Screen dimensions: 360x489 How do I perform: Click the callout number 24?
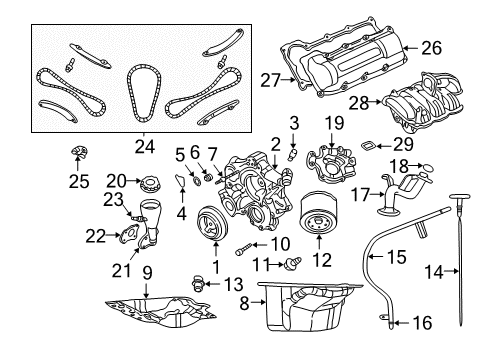coord(145,146)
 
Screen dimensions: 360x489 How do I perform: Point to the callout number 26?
coord(432,46)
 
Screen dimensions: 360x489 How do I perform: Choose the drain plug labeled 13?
coord(195,283)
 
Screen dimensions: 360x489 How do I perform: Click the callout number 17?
coord(362,195)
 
